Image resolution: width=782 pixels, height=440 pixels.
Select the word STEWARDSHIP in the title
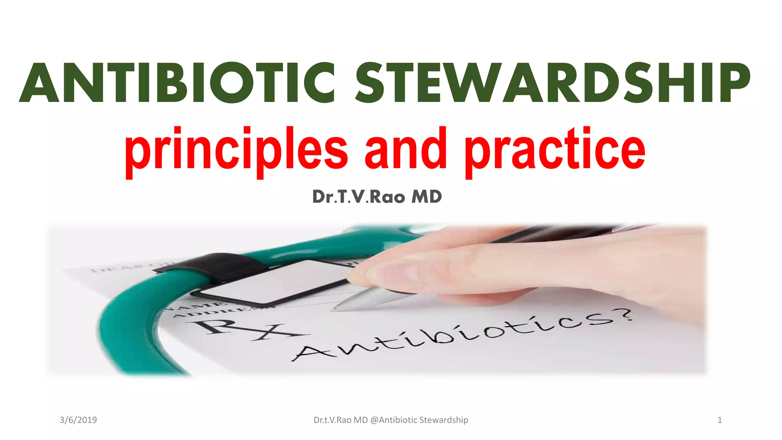(x=553, y=83)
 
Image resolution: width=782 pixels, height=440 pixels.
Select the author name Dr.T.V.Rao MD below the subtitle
(x=377, y=197)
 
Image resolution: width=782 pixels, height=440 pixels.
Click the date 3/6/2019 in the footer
(x=78, y=420)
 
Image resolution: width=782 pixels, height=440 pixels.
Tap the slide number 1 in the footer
(x=719, y=420)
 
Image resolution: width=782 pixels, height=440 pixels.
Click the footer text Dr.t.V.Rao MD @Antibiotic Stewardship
(x=391, y=420)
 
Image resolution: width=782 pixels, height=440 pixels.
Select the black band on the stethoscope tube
(x=214, y=267)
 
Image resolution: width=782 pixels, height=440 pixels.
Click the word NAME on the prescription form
(x=199, y=306)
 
